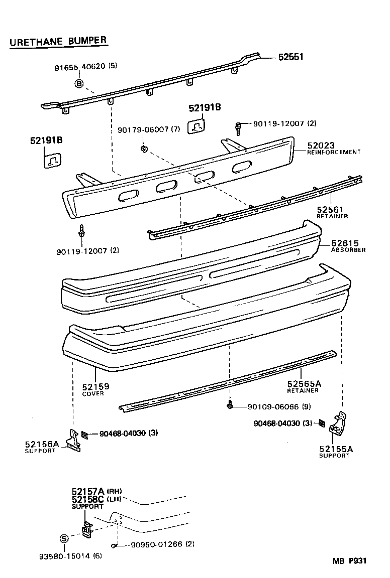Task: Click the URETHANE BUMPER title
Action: (58, 41)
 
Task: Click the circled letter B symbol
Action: (79, 83)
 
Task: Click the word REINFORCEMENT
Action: (334, 152)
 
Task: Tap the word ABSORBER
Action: (348, 250)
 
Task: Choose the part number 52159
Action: (95, 386)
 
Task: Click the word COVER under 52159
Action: (93, 394)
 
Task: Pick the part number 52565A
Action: (304, 384)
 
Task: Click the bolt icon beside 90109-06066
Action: (230, 404)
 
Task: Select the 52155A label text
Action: (336, 449)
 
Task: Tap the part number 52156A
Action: (42, 444)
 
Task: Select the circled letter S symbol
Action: (64, 539)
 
